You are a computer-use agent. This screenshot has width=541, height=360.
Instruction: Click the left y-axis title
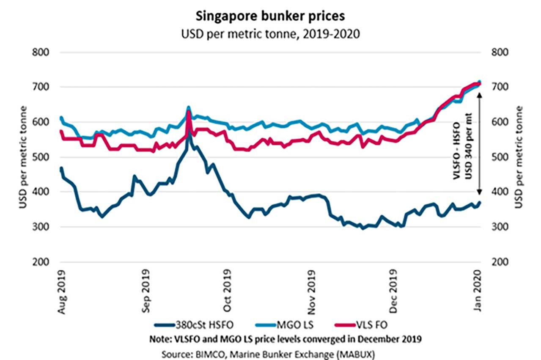pyautogui.click(x=23, y=157)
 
